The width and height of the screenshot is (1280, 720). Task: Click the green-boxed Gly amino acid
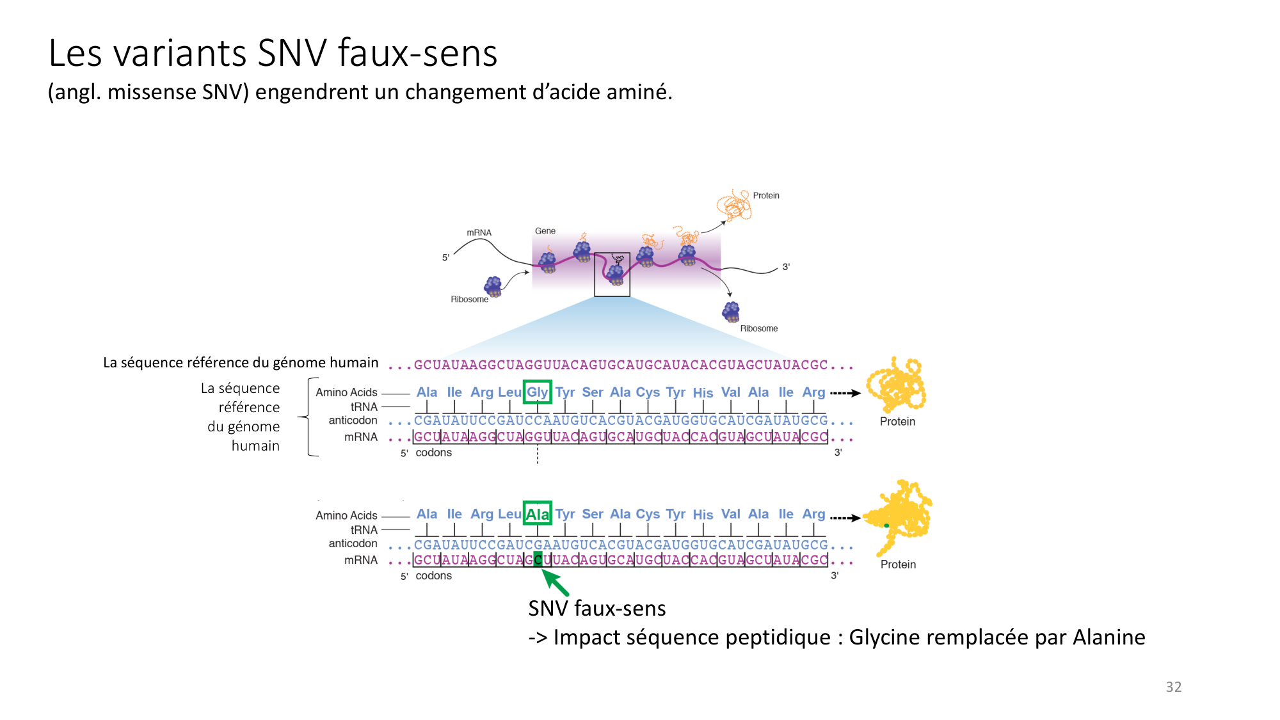pos(537,392)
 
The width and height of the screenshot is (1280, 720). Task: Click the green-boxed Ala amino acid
pos(537,514)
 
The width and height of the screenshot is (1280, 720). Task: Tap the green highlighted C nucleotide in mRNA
pos(538,559)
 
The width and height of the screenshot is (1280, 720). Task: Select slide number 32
pos(1173,687)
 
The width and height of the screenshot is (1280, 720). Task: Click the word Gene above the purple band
pos(545,231)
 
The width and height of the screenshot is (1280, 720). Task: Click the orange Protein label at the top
pos(765,196)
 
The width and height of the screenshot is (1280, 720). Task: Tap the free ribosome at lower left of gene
pos(493,286)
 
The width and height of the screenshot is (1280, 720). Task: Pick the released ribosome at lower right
pos(730,312)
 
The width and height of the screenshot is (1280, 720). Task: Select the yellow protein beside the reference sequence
pos(896,385)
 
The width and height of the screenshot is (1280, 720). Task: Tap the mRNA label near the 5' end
pos(479,233)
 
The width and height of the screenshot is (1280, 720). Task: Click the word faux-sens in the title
pos(417,53)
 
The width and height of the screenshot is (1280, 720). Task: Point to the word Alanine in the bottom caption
pos(1108,637)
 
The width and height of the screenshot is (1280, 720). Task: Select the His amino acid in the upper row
pos(703,392)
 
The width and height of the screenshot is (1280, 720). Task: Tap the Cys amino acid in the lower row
pos(648,514)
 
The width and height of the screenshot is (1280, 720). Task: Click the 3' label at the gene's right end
pos(786,267)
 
